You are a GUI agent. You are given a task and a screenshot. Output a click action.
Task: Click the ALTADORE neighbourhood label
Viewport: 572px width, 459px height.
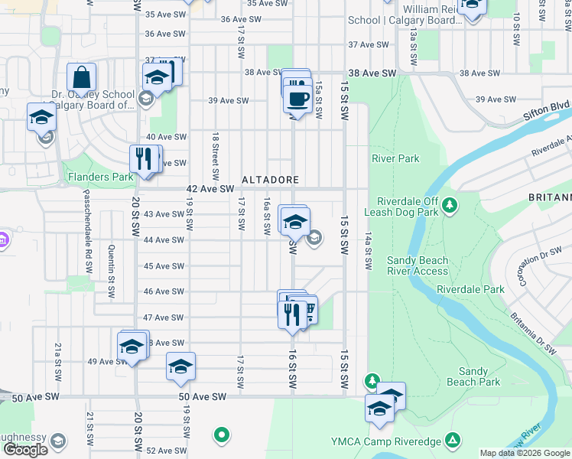[x=270, y=180]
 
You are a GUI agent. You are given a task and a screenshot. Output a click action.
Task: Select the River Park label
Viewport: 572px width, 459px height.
[x=395, y=159]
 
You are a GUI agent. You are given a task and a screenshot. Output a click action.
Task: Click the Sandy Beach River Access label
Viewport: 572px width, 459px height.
[x=417, y=265]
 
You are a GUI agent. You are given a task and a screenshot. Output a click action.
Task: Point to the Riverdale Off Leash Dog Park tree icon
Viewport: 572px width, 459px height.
[x=450, y=204]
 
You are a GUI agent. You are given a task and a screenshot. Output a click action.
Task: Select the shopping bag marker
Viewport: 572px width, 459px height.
[x=81, y=78]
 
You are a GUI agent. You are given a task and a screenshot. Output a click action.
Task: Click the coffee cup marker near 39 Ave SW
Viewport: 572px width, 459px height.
[x=297, y=99]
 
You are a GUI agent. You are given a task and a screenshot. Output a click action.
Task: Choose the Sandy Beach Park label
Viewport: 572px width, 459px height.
[x=473, y=376]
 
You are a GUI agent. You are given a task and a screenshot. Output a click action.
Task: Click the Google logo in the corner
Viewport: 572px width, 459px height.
[x=26, y=450]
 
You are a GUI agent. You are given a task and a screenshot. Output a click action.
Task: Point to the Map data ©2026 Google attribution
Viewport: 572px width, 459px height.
[x=525, y=453]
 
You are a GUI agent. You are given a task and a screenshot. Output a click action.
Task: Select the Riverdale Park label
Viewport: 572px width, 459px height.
[x=471, y=290]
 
